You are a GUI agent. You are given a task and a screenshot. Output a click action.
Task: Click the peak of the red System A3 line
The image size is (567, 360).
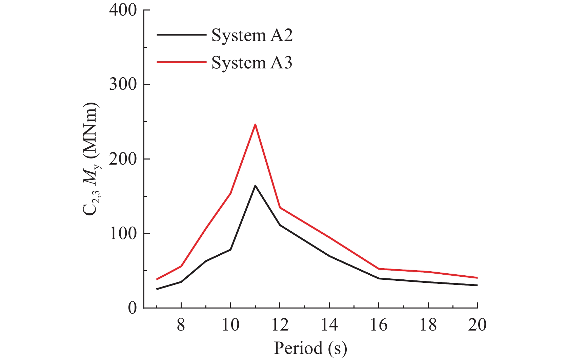pos(255,125)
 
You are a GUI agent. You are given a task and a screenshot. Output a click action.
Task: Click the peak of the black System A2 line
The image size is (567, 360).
pos(255,186)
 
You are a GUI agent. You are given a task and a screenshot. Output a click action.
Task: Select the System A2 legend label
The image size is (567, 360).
pos(252,35)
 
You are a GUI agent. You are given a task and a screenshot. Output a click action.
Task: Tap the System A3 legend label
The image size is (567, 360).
pos(252,63)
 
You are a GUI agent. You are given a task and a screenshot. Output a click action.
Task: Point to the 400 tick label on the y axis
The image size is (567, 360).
pos(123,10)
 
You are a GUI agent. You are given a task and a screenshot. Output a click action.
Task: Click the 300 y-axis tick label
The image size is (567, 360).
pos(123,85)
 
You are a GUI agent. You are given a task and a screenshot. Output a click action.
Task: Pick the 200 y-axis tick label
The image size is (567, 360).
pos(123,159)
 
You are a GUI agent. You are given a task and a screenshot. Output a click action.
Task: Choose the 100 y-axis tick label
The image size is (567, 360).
pos(123,234)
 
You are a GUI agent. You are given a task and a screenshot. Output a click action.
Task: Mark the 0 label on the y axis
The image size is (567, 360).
pos(132,308)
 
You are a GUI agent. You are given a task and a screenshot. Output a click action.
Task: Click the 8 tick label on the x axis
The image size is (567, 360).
pos(181,325)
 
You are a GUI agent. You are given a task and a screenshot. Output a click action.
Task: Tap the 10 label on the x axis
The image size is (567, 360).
pos(230,325)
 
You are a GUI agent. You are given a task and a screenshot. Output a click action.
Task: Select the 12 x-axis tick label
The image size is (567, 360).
pos(280,325)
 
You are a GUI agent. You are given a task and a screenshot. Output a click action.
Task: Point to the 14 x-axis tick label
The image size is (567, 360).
pos(329,325)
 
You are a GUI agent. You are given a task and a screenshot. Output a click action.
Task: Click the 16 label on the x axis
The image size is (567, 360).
pos(379,325)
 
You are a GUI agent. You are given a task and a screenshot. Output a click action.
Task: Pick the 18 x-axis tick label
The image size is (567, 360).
pos(428,325)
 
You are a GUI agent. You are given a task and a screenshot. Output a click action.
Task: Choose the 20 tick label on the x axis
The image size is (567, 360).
pos(477,325)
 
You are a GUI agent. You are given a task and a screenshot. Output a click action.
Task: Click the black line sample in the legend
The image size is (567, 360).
pos(181,35)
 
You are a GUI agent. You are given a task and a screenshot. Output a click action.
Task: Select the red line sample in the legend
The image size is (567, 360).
pos(181,62)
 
